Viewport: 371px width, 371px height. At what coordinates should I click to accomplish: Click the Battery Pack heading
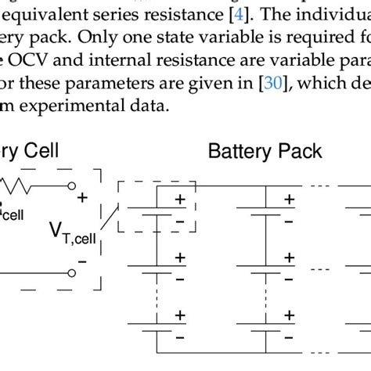[x=265, y=152]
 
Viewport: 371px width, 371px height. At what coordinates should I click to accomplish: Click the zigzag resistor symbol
[x=20, y=187]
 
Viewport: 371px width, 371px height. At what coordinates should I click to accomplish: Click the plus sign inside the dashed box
[x=179, y=200]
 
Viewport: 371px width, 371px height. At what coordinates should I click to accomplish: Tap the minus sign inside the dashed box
[x=179, y=222]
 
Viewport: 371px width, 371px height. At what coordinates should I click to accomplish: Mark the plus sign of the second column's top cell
[x=289, y=200]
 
